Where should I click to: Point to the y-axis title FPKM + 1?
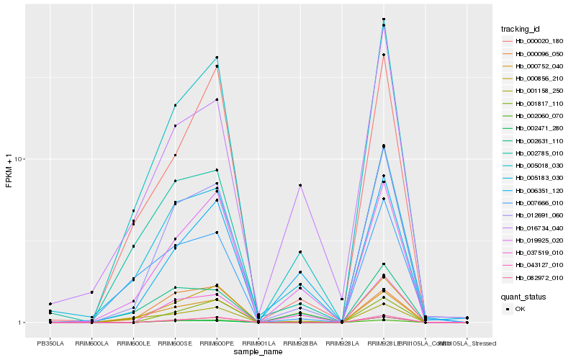(x=9, y=171)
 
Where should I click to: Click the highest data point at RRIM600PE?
(x=217, y=58)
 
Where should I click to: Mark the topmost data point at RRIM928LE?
(x=384, y=19)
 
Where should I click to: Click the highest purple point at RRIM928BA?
(x=300, y=186)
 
